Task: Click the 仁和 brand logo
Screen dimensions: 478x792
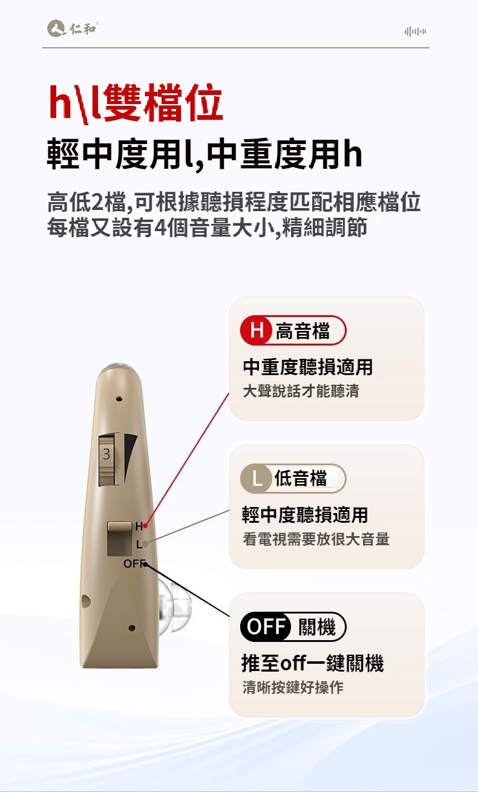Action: (73, 28)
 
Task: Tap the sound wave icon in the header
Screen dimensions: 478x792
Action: (416, 31)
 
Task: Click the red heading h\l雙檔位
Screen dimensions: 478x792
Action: (136, 103)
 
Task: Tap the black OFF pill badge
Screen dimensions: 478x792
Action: (266, 627)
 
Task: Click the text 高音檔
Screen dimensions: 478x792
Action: (303, 331)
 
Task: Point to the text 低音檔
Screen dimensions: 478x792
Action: (301, 479)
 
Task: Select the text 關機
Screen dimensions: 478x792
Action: (317, 627)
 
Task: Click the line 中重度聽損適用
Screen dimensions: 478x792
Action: (308, 367)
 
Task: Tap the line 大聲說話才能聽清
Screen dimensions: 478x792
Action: (301, 391)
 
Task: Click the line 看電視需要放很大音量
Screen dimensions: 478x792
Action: (316, 539)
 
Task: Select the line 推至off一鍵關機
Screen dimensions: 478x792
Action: (313, 663)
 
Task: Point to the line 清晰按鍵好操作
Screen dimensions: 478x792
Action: (293, 687)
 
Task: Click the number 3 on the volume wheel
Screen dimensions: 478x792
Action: (106, 454)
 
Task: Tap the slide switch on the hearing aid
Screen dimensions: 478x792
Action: (120, 538)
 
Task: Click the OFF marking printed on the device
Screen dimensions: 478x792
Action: (134, 563)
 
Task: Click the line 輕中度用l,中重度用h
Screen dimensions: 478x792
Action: (205, 154)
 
